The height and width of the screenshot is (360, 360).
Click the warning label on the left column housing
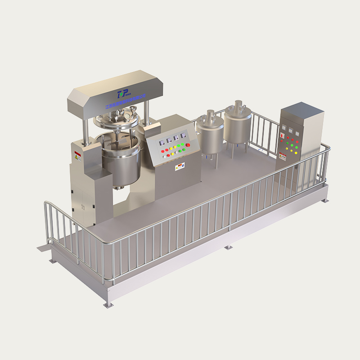[x=77, y=155]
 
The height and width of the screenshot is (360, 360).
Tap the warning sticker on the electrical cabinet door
[x=283, y=156]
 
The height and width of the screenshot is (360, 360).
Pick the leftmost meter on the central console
[x=160, y=142]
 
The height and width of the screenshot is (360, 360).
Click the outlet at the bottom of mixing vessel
[x=119, y=187]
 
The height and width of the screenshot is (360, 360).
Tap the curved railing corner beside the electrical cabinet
[x=325, y=148]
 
